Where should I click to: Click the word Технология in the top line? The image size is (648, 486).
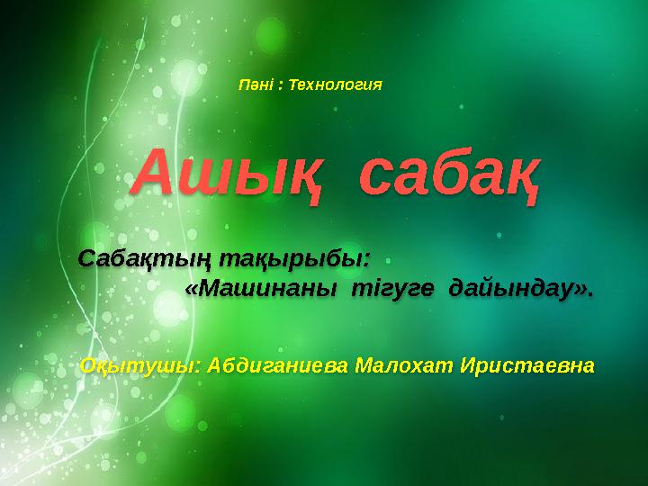pyautogui.click(x=335, y=85)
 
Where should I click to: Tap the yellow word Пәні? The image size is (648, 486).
pyautogui.click(x=256, y=85)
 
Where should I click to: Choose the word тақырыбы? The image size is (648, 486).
pyautogui.click(x=291, y=260)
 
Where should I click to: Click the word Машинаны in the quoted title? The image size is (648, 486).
pyautogui.click(x=267, y=288)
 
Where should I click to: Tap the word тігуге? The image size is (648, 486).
pyautogui.click(x=392, y=288)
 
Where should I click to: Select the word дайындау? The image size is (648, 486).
pyautogui.click(x=511, y=289)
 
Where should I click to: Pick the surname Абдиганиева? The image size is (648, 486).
pyautogui.click(x=277, y=365)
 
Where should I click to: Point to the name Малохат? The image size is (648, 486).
pyautogui.click(x=404, y=365)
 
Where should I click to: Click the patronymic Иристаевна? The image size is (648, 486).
pyautogui.click(x=527, y=365)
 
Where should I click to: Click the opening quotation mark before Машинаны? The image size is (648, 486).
pyautogui.click(x=191, y=289)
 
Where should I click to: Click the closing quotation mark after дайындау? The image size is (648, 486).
pyautogui.click(x=581, y=290)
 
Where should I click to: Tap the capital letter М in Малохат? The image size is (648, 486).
pyautogui.click(x=365, y=365)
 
